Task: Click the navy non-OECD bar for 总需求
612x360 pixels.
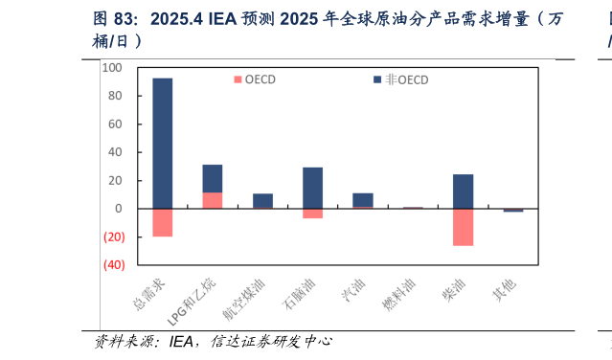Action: (x=162, y=143)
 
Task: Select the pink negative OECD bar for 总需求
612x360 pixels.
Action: (x=162, y=222)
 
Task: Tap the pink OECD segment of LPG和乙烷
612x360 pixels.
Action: (x=212, y=200)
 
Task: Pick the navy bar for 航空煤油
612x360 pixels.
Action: (x=262, y=201)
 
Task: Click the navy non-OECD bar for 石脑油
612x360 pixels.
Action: (x=312, y=188)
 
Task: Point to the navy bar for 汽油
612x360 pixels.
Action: (x=363, y=199)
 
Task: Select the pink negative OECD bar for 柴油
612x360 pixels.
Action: (x=463, y=227)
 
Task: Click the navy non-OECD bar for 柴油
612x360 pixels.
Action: (x=463, y=191)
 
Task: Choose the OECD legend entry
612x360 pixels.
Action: (x=253, y=79)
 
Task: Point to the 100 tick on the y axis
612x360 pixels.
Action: (x=112, y=68)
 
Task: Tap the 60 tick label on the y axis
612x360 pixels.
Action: (x=115, y=124)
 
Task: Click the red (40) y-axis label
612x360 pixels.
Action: (x=112, y=265)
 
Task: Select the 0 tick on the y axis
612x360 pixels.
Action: (x=119, y=209)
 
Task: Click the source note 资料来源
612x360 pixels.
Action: (x=130, y=341)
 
